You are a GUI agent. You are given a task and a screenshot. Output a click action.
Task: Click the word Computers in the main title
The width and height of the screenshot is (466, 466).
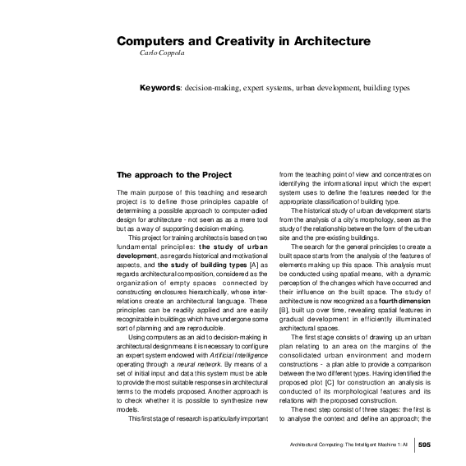tap(149, 40)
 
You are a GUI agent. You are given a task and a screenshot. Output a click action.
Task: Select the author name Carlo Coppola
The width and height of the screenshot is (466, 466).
tap(161, 53)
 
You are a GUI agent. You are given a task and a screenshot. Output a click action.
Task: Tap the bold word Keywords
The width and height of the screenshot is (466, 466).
tap(160, 86)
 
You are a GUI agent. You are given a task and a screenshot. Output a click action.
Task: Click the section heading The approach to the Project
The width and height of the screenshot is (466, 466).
tap(169, 174)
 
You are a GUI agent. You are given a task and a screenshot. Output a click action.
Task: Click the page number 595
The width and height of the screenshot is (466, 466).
tap(424, 445)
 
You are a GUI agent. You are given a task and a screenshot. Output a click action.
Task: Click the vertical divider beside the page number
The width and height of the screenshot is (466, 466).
tap(413, 445)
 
